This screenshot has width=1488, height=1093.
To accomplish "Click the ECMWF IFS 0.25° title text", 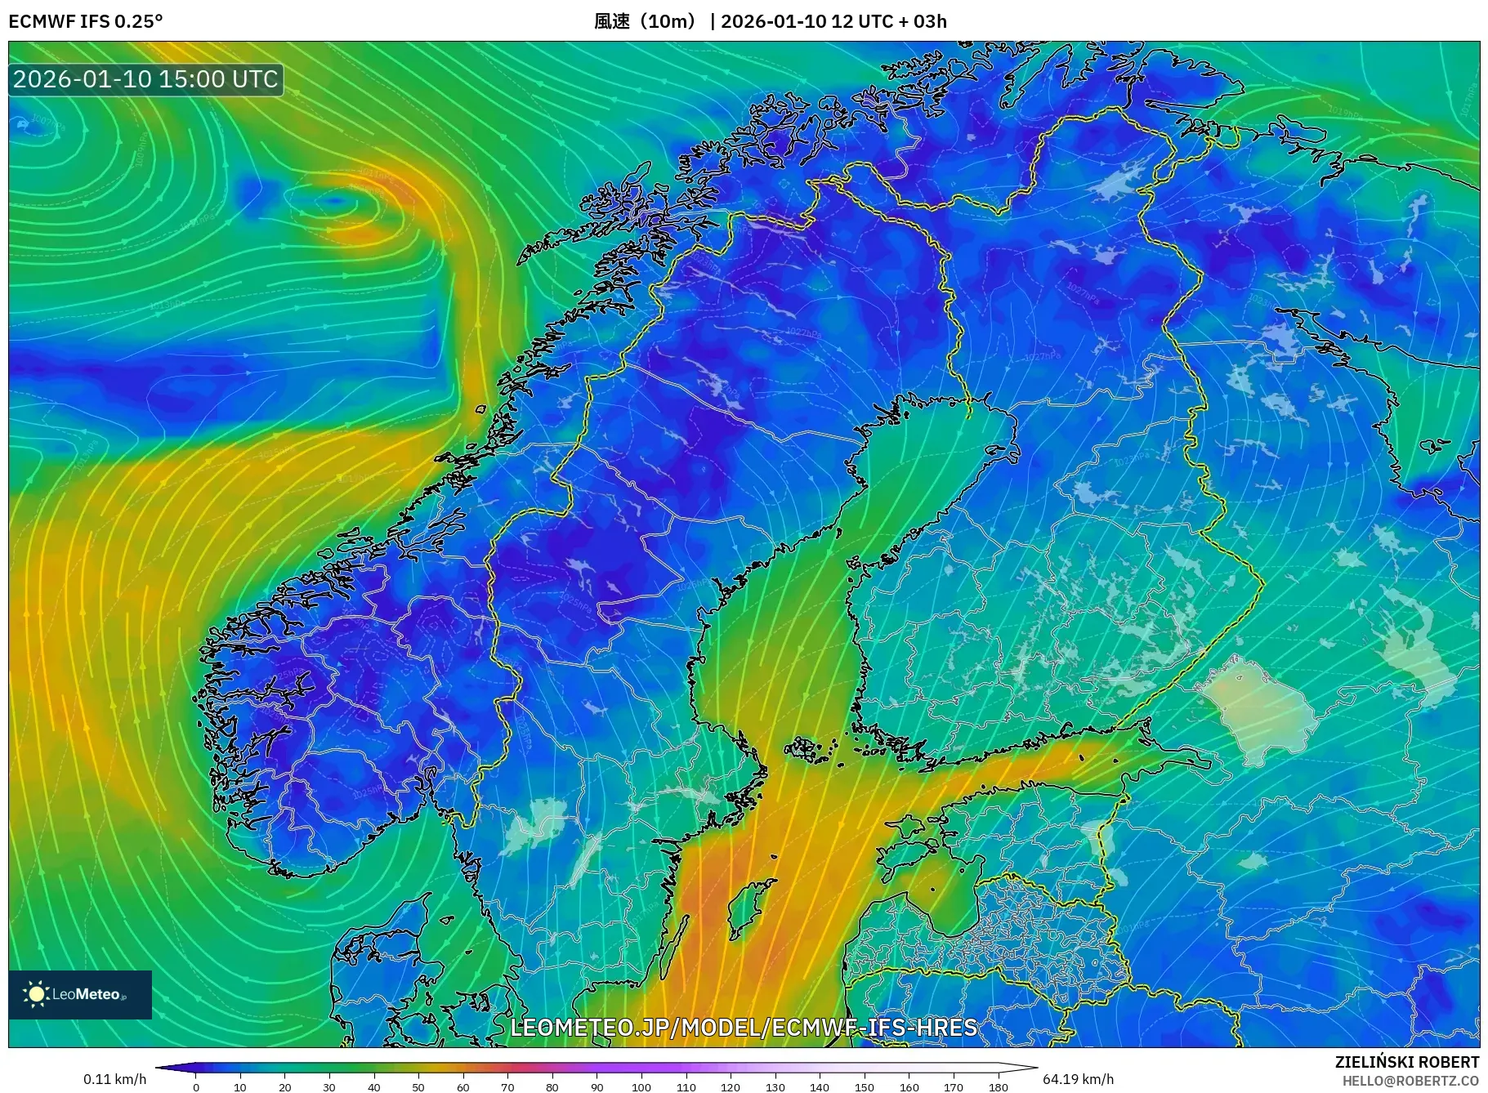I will click(86, 21).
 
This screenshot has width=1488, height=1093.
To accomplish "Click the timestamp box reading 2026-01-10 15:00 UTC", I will click(145, 79).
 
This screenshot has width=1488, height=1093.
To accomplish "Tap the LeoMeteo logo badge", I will click(80, 994).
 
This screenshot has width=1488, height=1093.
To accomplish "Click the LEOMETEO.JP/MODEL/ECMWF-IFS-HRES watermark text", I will click(744, 1027).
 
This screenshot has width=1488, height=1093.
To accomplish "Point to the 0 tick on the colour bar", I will click(196, 1086).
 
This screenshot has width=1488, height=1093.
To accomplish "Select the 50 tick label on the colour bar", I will click(418, 1086).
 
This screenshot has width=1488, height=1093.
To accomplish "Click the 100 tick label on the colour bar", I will click(641, 1086).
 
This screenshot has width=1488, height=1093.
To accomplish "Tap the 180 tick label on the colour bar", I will click(998, 1086).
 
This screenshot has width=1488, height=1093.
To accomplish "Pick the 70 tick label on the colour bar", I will click(507, 1086).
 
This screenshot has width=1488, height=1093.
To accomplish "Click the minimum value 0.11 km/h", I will click(114, 1079).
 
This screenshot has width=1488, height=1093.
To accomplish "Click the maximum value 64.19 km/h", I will click(1078, 1079).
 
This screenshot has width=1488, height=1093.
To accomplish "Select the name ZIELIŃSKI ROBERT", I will click(1406, 1062).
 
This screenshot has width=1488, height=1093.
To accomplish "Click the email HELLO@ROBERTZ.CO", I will click(1410, 1081).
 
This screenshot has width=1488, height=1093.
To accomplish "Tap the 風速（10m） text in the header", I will click(646, 21).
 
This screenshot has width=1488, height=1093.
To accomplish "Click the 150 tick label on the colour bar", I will click(865, 1086).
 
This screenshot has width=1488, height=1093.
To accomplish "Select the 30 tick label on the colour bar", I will click(329, 1086).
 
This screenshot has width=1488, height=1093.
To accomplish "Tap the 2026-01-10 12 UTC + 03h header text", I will click(833, 21).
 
